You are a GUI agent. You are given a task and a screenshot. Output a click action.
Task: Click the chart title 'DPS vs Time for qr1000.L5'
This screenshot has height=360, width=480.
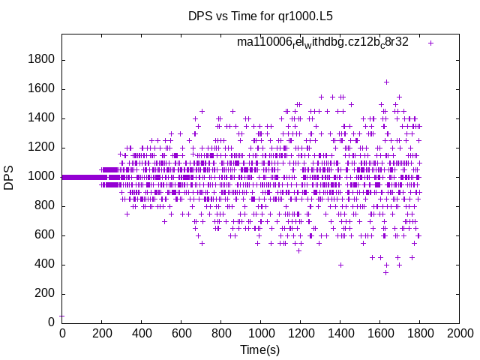click(x=259, y=15)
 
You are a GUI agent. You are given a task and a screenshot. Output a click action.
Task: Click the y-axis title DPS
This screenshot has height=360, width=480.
click(x=9, y=177)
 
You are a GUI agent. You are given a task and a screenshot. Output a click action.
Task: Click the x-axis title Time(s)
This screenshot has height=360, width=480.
click(x=259, y=350)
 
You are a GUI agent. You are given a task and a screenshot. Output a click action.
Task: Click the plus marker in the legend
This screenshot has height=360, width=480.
click(x=430, y=43)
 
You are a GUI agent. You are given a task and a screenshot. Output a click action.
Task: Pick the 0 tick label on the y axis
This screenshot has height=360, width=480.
click(x=51, y=322)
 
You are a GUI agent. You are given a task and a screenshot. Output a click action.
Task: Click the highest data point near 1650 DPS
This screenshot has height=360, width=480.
click(x=387, y=82)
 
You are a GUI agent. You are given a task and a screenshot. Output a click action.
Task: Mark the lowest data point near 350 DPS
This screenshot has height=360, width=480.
click(x=386, y=272)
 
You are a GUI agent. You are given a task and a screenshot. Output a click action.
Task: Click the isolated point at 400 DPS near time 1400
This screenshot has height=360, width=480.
click(x=340, y=265)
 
